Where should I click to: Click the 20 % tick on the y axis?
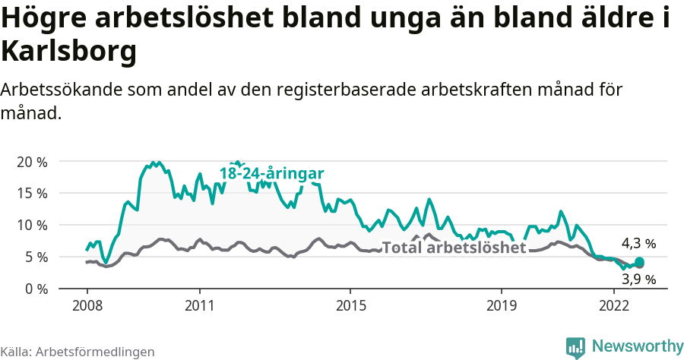tap(33, 161)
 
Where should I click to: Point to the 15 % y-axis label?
tap(33, 193)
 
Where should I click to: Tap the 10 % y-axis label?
tap(33, 225)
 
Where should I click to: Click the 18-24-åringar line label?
tap(271, 173)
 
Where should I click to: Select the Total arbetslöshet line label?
tap(454, 248)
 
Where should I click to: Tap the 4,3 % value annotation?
tap(638, 244)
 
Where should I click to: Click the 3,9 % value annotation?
tap(638, 279)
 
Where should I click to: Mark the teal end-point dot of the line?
tap(639, 262)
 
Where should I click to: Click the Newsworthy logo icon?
tap(575, 346)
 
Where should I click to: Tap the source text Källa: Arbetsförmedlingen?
tap(78, 352)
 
